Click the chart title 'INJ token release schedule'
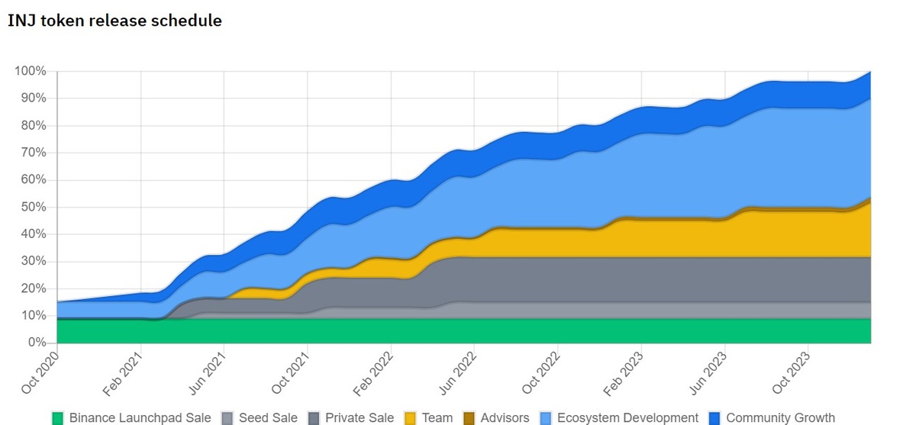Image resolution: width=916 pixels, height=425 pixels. (114, 21)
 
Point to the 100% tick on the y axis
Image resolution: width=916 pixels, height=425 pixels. (31, 71)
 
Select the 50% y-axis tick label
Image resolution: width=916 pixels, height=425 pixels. (34, 207)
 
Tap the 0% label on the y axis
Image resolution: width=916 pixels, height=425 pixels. (37, 343)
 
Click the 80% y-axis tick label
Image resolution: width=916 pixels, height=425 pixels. (34, 126)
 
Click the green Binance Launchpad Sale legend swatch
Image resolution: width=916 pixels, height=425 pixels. (57, 418)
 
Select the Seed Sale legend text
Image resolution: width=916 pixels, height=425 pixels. (268, 418)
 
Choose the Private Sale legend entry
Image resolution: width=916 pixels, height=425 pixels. (350, 418)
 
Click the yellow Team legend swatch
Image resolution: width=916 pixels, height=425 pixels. (409, 418)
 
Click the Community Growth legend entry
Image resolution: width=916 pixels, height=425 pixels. (780, 418)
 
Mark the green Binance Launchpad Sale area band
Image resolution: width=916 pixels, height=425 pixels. (458, 330)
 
